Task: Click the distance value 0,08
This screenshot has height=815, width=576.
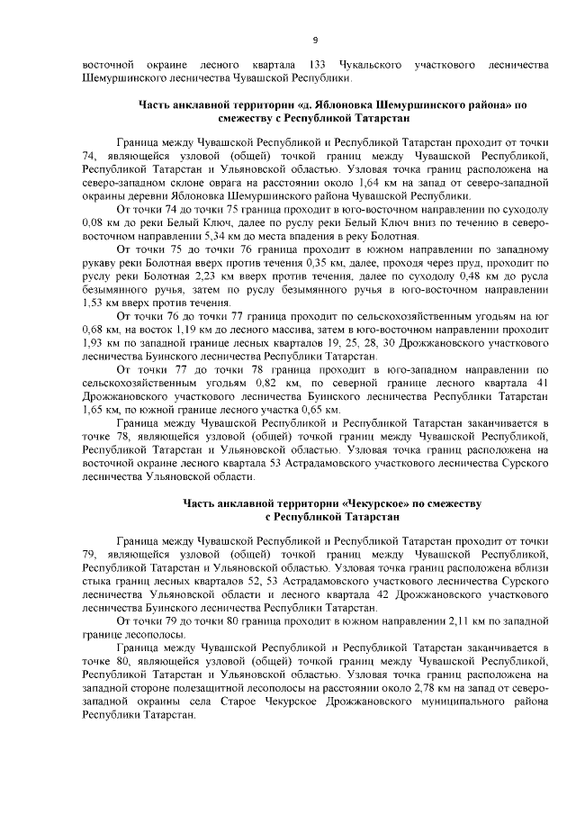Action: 93,222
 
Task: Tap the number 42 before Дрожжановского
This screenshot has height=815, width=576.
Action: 377,594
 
